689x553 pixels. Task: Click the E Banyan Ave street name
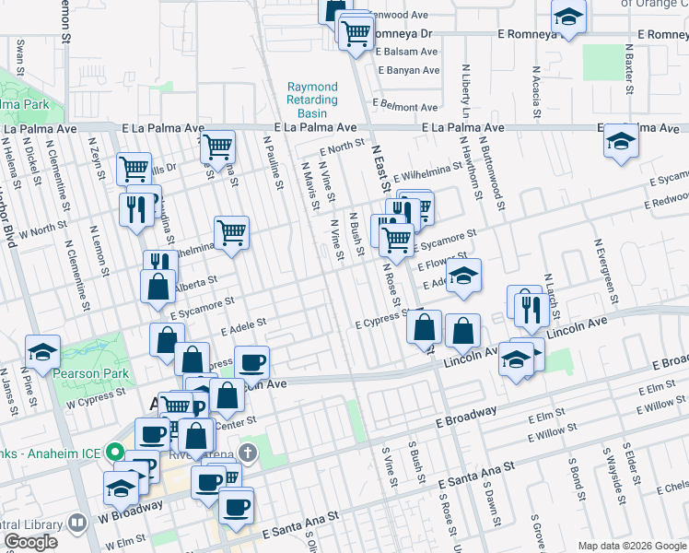pos(407,69)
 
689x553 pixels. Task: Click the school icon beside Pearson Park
pos(42,351)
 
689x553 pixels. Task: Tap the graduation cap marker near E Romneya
pos(568,17)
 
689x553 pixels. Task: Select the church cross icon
pos(246,453)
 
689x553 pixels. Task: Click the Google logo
pos(30,542)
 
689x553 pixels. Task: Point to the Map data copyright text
pos(631,546)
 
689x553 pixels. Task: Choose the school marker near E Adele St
pos(464,276)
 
